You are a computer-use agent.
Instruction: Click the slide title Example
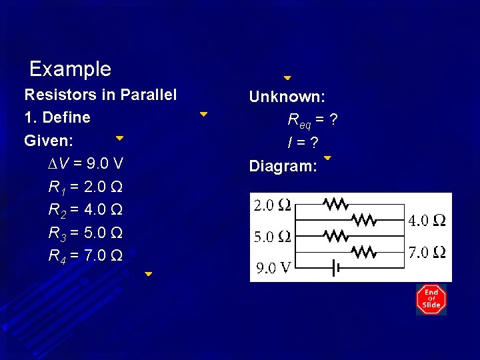coord(70,69)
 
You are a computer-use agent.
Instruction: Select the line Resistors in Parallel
coord(100,95)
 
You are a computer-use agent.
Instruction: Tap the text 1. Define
coord(57,117)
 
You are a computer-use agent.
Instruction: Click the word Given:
coord(49,141)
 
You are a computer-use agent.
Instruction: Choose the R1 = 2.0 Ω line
coord(85,187)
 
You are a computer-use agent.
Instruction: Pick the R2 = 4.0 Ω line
coord(85,210)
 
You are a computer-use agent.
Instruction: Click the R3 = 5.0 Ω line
coord(85,233)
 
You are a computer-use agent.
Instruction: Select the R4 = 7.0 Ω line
coord(85,255)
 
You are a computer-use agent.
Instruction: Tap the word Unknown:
coord(287,97)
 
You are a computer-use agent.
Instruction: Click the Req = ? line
coord(312,120)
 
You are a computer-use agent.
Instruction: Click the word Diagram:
coord(283,166)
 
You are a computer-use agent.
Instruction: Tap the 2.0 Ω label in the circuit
coord(273,205)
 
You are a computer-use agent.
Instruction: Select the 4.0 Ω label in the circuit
coord(427,220)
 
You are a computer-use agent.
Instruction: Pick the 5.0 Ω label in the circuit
coord(273,237)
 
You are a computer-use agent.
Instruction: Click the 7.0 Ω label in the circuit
coord(427,252)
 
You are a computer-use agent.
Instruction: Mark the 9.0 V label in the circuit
coord(273,268)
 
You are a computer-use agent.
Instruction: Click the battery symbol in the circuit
coord(337,268)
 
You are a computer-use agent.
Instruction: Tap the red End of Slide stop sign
coord(431,299)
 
